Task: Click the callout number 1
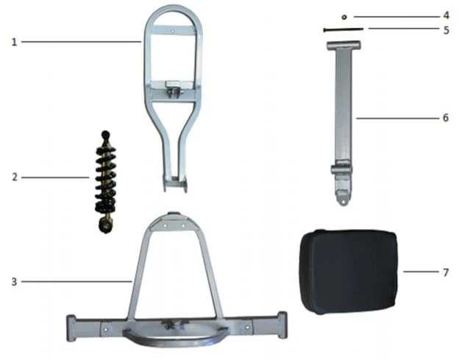click(14, 42)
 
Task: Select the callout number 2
click(15, 177)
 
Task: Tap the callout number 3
click(14, 282)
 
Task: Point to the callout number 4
click(446, 15)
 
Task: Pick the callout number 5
click(446, 30)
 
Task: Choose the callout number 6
click(446, 118)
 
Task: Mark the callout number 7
click(446, 272)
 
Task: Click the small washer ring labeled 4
click(344, 17)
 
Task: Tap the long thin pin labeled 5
click(343, 29)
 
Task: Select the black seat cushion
click(349, 271)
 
